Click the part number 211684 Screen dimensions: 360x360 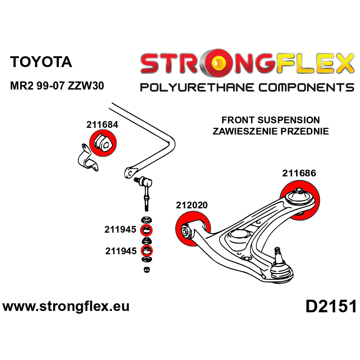(102, 125)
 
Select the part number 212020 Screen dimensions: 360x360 (192, 205)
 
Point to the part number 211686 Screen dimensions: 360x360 (299, 173)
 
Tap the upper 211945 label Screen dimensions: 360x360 (121, 230)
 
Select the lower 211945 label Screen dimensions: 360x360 (121, 251)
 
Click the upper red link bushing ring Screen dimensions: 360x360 (147, 231)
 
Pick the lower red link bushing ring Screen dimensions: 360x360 (147, 251)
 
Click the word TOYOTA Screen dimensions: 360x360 (41, 62)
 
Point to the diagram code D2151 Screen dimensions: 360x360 (331, 307)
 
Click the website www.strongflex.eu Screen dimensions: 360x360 (66, 307)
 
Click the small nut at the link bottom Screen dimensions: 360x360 (147, 270)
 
